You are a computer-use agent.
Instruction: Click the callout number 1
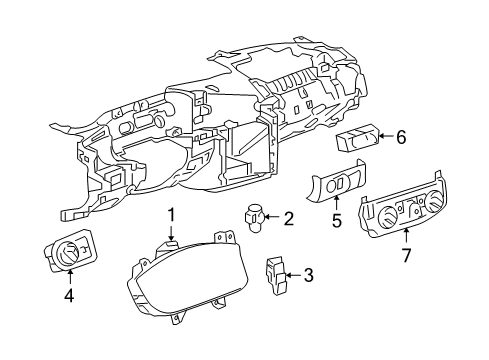(171, 214)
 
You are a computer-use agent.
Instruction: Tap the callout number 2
(288, 219)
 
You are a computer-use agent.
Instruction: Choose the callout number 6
(400, 139)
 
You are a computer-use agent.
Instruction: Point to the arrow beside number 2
(274, 219)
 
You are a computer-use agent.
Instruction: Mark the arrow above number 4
(69, 277)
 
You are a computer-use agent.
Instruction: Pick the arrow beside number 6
(384, 139)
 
